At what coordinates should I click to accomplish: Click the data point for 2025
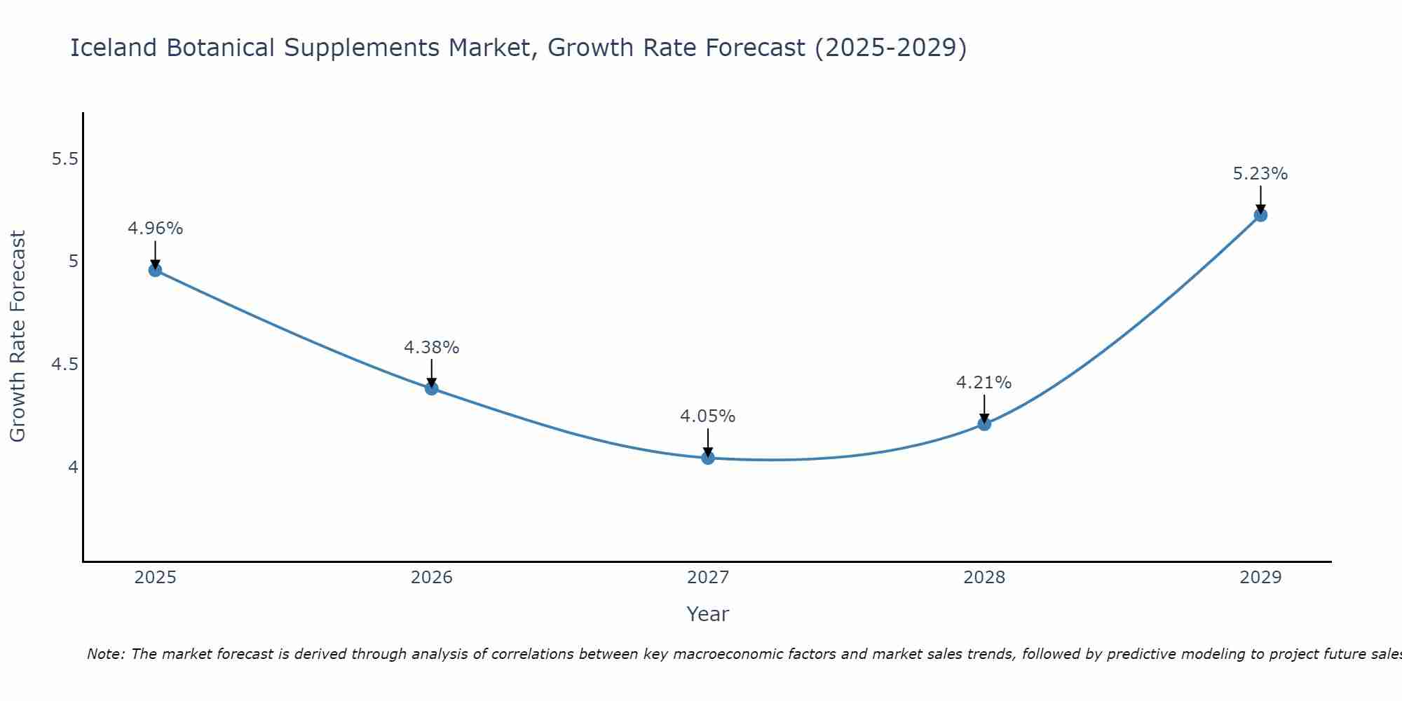point(156,270)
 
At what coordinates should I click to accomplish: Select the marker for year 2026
point(432,388)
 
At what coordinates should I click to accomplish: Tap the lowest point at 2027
point(708,458)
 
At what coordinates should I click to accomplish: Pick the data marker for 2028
point(984,423)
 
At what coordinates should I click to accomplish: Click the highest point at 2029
point(1260,215)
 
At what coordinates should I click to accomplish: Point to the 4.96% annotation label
point(156,229)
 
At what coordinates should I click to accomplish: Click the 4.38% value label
point(432,348)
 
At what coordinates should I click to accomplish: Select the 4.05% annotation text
point(708,416)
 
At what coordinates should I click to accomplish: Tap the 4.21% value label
point(984,383)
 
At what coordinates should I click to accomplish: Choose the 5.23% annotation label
point(1260,174)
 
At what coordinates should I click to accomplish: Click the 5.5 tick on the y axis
point(64,159)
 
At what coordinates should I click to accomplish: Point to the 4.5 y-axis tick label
point(64,365)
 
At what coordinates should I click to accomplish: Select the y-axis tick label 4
point(73,467)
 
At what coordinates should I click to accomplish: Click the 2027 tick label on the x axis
point(708,578)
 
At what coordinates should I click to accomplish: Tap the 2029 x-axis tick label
point(1260,578)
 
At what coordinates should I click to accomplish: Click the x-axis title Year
point(708,614)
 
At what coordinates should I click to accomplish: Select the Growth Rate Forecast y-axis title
point(18,336)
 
